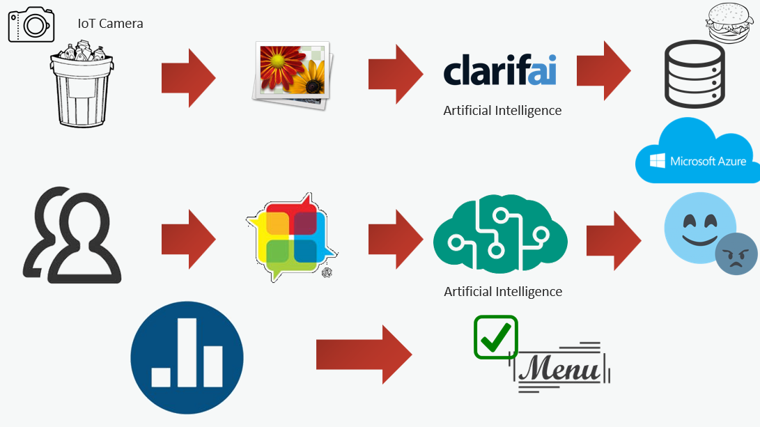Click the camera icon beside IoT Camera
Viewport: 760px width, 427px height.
click(x=31, y=25)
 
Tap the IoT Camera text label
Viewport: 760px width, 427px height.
click(x=111, y=24)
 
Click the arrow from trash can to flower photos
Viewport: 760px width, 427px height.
click(x=188, y=77)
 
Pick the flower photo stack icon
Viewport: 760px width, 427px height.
click(x=292, y=74)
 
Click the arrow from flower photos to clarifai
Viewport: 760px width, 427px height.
click(x=395, y=74)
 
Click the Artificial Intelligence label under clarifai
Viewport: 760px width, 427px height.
click(x=502, y=110)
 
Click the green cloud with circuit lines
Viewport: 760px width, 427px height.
click(x=500, y=234)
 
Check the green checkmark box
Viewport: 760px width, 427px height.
click(x=496, y=337)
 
